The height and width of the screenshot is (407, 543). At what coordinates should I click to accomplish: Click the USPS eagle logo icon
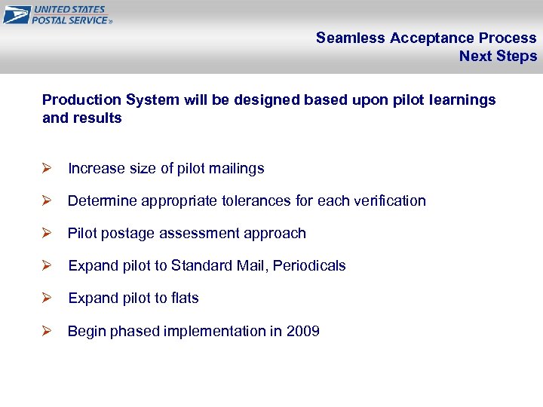pos(16,14)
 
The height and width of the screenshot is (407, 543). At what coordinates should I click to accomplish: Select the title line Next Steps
pos(498,56)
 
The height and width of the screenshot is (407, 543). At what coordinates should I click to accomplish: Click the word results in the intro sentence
pos(97,118)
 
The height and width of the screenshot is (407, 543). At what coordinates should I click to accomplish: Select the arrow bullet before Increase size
pos(47,168)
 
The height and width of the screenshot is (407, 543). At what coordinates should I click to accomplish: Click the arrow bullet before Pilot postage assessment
pos(47,233)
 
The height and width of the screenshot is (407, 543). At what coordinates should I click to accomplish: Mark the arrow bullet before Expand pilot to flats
pos(47,298)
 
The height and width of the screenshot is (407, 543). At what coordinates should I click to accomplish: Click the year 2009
pos(303,331)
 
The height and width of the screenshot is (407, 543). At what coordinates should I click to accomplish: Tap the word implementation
pos(216,331)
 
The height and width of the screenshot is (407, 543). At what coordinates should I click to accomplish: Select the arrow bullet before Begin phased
pos(47,331)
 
